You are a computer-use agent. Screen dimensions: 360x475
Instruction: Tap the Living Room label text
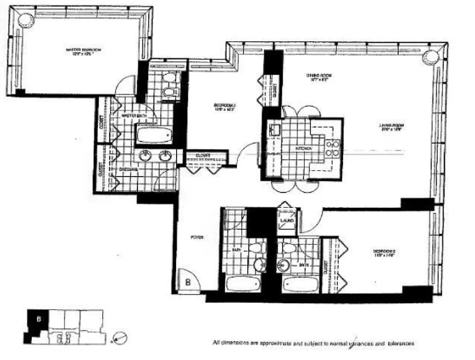point(390,127)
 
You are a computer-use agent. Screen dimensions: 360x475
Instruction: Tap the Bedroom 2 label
point(383,251)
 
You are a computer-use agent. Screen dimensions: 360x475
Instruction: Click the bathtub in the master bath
point(154,135)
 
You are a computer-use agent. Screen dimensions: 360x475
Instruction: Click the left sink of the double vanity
point(145,156)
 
